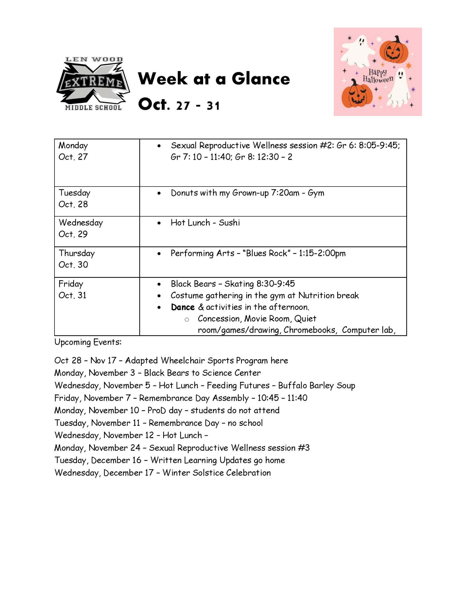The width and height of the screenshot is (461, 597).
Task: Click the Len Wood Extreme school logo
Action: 93,84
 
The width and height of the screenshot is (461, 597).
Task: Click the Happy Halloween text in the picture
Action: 378,76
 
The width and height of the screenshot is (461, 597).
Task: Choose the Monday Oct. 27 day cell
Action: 97,162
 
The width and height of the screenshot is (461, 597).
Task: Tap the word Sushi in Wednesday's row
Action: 229,223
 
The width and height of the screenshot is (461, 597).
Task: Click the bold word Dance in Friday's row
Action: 183,307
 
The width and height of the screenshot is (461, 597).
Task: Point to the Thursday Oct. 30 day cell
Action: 97,262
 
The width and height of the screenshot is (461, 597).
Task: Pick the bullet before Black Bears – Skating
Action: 159,284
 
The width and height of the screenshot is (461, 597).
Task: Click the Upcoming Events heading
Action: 88,342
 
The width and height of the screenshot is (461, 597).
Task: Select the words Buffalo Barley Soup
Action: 316,386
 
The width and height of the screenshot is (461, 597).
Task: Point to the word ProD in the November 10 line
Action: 156,410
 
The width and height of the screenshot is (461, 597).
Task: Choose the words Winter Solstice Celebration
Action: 217,473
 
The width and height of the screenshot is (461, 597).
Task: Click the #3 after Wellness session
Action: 304,448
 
